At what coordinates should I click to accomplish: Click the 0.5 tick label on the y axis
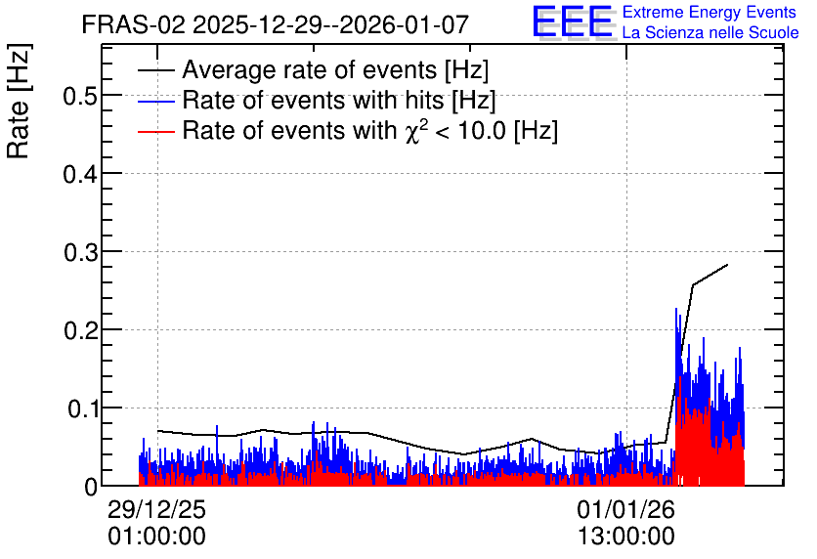click(x=81, y=96)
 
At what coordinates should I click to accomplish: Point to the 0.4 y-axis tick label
click(x=81, y=174)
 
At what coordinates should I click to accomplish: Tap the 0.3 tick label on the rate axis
click(x=81, y=252)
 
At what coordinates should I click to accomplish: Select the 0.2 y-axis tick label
click(x=81, y=330)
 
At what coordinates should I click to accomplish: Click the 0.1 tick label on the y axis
click(x=82, y=408)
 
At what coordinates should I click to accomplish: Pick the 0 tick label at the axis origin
click(x=91, y=487)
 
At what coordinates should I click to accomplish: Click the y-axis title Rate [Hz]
click(x=19, y=101)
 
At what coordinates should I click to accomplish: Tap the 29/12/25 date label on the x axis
click(x=156, y=509)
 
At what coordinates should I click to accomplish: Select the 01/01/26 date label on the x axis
click(x=625, y=509)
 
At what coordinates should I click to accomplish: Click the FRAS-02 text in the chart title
click(x=133, y=24)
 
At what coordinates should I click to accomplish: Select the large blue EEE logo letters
click(x=573, y=22)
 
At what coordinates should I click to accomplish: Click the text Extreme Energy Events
click(x=709, y=12)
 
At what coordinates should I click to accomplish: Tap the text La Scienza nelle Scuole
click(x=710, y=32)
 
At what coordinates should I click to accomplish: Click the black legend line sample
click(x=155, y=69)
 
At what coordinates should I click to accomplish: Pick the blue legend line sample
click(x=155, y=101)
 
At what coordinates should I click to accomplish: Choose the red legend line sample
click(x=155, y=132)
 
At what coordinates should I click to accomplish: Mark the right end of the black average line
click(x=727, y=265)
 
